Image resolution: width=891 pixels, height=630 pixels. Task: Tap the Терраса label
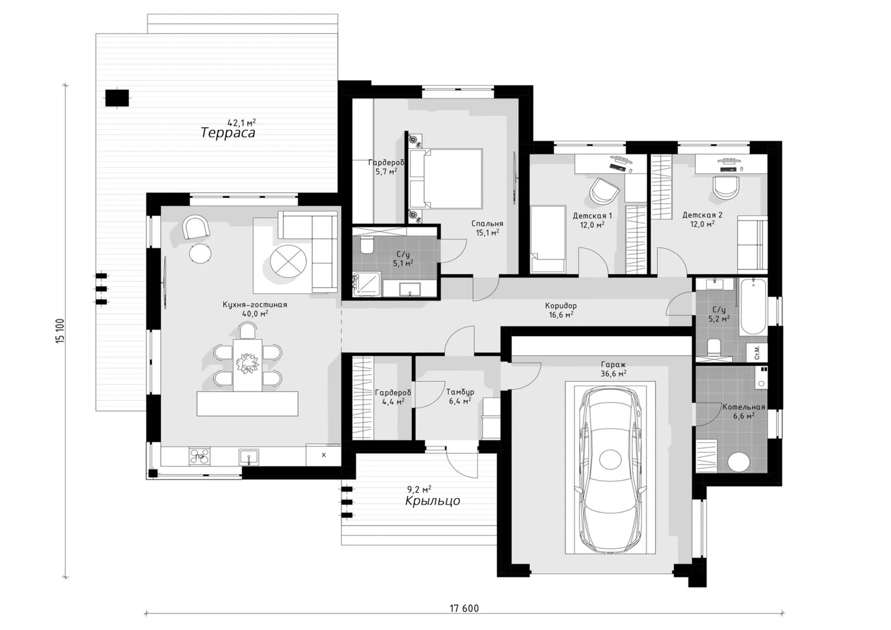(x=228, y=132)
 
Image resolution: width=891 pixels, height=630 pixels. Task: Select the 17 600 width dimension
(x=464, y=608)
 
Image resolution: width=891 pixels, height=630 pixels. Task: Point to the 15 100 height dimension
(x=60, y=331)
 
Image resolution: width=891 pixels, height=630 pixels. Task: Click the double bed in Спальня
(x=446, y=178)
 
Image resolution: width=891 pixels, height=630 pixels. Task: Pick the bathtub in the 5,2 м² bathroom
(x=753, y=307)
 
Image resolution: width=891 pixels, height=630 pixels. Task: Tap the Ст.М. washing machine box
(x=757, y=352)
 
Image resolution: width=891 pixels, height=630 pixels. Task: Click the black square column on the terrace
(x=117, y=98)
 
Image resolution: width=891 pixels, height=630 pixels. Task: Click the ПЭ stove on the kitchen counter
(x=200, y=456)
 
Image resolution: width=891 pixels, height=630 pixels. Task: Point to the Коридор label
(x=561, y=306)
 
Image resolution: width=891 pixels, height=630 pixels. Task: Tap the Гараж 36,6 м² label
(x=613, y=369)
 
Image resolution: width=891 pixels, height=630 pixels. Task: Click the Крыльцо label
(x=432, y=501)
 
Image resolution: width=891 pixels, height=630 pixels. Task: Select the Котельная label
(x=744, y=407)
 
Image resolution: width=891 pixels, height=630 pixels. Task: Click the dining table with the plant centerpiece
(x=247, y=365)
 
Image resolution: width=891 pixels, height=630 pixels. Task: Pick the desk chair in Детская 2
(x=726, y=187)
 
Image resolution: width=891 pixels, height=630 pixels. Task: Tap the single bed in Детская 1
(x=548, y=239)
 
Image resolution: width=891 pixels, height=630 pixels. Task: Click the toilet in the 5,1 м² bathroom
(x=366, y=245)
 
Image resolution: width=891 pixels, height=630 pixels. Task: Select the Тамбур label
(x=460, y=392)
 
